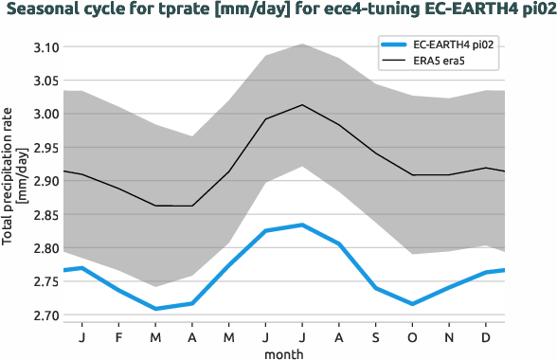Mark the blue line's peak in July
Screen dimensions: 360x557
click(x=301, y=225)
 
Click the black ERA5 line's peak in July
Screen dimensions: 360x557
click(x=301, y=104)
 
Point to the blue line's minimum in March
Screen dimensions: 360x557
click(x=155, y=309)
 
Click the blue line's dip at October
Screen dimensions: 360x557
click(x=412, y=304)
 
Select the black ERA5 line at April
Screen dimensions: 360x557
click(x=192, y=206)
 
